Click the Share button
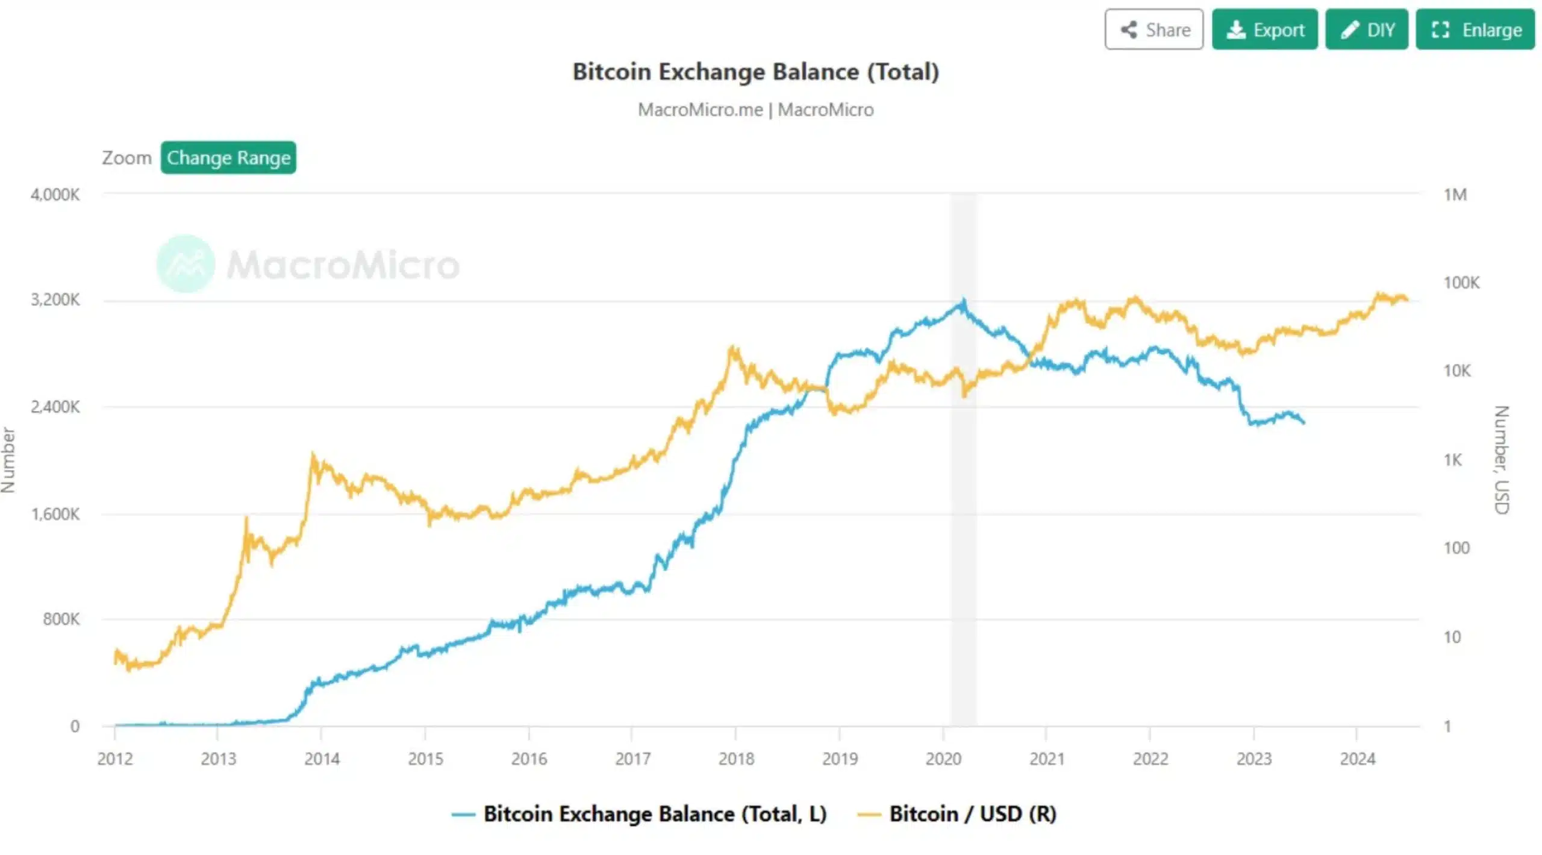pyautogui.click(x=1153, y=30)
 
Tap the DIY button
pyautogui.click(x=1366, y=30)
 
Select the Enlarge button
pyautogui.click(x=1475, y=30)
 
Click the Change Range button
pyautogui.click(x=228, y=158)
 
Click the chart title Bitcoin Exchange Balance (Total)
pyautogui.click(x=755, y=72)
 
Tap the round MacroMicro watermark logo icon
pyautogui.click(x=186, y=264)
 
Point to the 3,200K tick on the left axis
pyautogui.click(x=55, y=300)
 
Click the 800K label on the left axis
pyautogui.click(x=61, y=619)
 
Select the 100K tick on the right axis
pyautogui.click(x=1461, y=283)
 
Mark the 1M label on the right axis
pyautogui.click(x=1455, y=195)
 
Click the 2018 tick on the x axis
pyautogui.click(x=736, y=759)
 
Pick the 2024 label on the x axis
pyautogui.click(x=1357, y=759)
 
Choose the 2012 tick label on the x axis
pyautogui.click(x=115, y=759)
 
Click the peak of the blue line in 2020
pyautogui.click(x=963, y=301)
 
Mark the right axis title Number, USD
pyautogui.click(x=1502, y=460)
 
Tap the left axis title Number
pyautogui.click(x=8, y=460)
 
